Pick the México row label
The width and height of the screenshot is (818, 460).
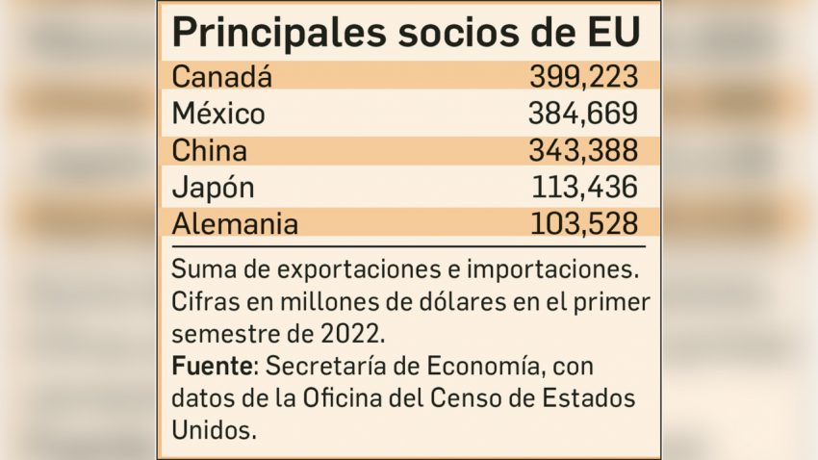point(218,114)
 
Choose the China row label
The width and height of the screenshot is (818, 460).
point(209,151)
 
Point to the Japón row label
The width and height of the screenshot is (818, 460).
point(213,188)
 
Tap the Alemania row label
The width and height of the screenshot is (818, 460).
point(235,224)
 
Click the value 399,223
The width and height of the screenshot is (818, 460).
point(583,76)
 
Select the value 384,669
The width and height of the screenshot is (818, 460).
point(583,114)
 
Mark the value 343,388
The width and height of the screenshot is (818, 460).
point(583,151)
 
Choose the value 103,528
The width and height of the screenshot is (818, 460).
point(584,224)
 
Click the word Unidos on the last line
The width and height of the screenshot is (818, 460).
point(214,428)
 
